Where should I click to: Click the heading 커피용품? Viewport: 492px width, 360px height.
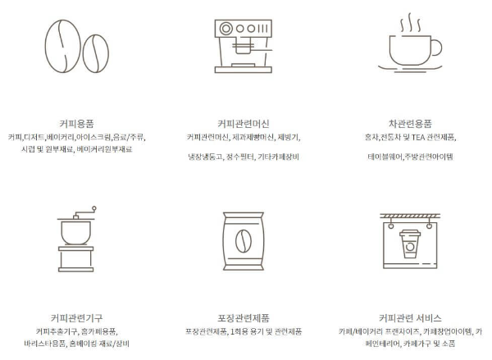click(x=77, y=123)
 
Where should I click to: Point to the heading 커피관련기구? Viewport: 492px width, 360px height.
click(x=76, y=317)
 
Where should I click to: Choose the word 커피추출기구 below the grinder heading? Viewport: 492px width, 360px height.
click(x=50, y=330)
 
